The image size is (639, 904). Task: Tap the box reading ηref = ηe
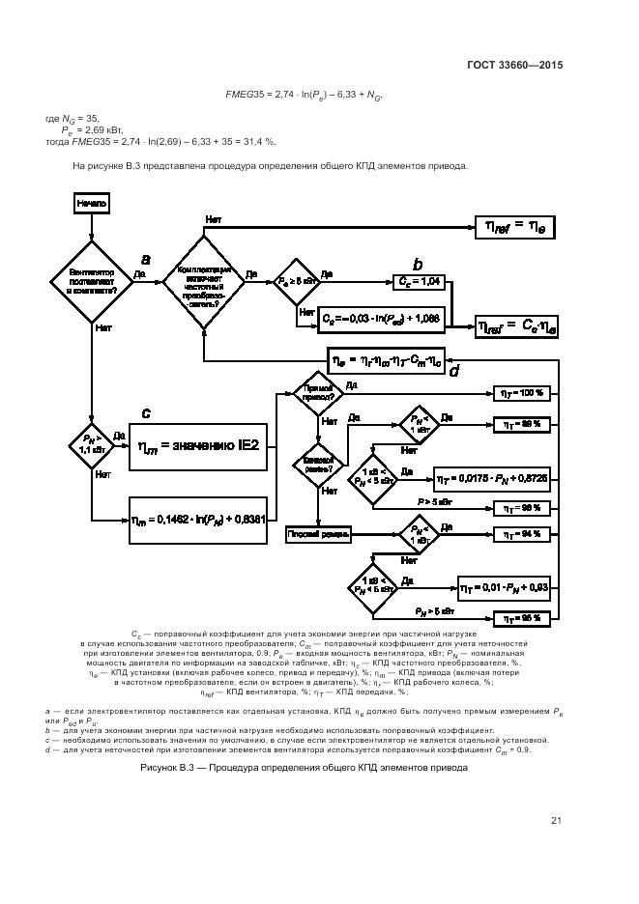click(x=513, y=226)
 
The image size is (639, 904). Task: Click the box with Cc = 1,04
click(x=420, y=281)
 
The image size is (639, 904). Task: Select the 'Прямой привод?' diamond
click(x=319, y=392)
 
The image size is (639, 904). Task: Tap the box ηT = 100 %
click(x=522, y=393)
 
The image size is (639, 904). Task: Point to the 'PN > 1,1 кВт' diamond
click(x=90, y=445)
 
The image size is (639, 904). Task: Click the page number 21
click(x=556, y=821)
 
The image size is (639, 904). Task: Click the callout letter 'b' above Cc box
click(x=418, y=264)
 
